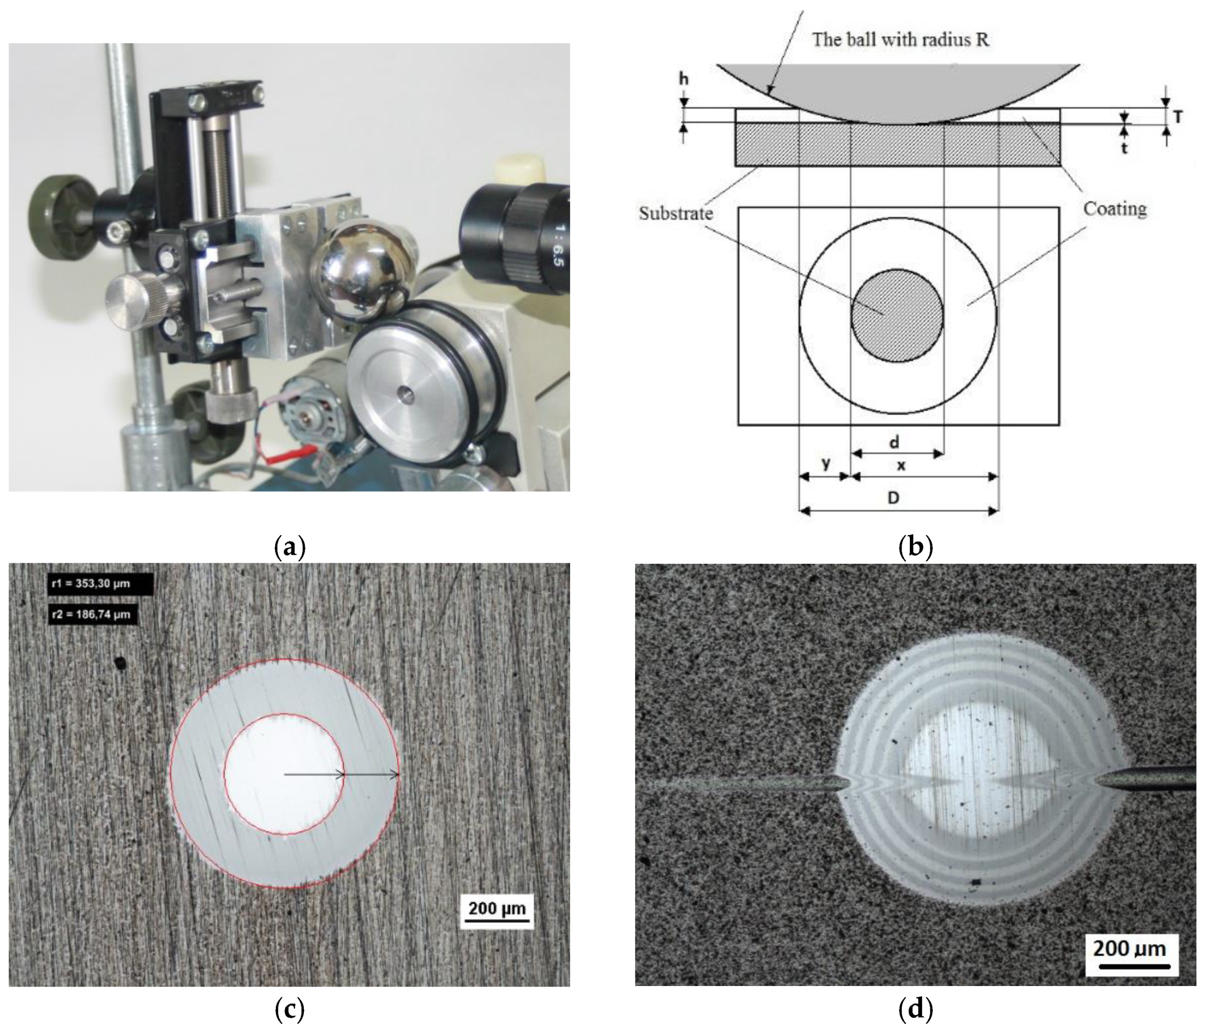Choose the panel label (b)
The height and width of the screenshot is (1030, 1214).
click(916, 547)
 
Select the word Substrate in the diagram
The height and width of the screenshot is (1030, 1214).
click(675, 213)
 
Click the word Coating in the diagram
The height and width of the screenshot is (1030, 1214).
click(1115, 208)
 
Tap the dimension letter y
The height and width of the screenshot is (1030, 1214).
click(825, 463)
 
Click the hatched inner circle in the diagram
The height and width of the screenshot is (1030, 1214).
click(897, 315)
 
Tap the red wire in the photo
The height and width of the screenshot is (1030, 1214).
click(292, 455)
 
